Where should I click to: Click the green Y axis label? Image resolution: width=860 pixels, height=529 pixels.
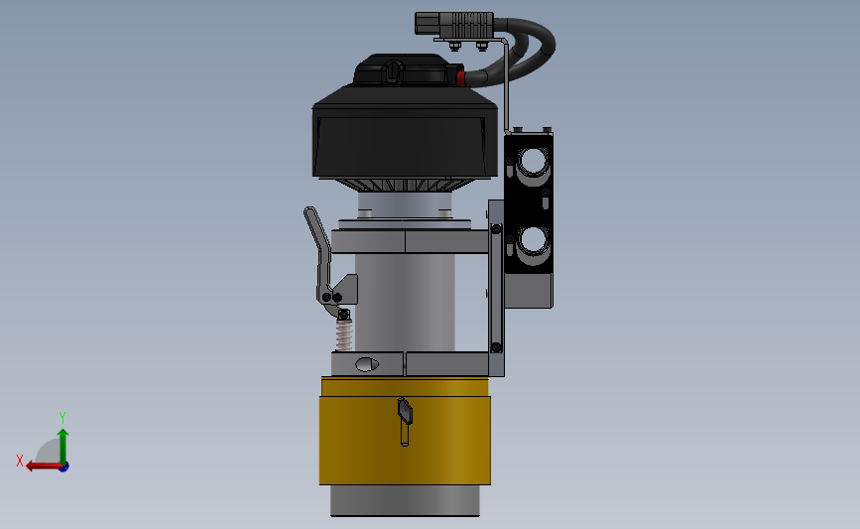[61, 418]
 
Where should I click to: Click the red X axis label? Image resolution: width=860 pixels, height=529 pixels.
[20, 461]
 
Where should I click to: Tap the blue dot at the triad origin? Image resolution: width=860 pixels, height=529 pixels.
[63, 467]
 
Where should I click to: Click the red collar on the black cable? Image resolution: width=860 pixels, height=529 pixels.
[460, 78]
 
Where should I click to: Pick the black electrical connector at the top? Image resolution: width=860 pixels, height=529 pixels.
[454, 24]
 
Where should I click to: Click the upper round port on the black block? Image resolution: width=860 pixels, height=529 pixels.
[532, 162]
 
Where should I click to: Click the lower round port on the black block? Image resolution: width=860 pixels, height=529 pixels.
[532, 240]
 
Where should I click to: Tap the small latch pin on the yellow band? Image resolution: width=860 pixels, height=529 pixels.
[405, 421]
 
